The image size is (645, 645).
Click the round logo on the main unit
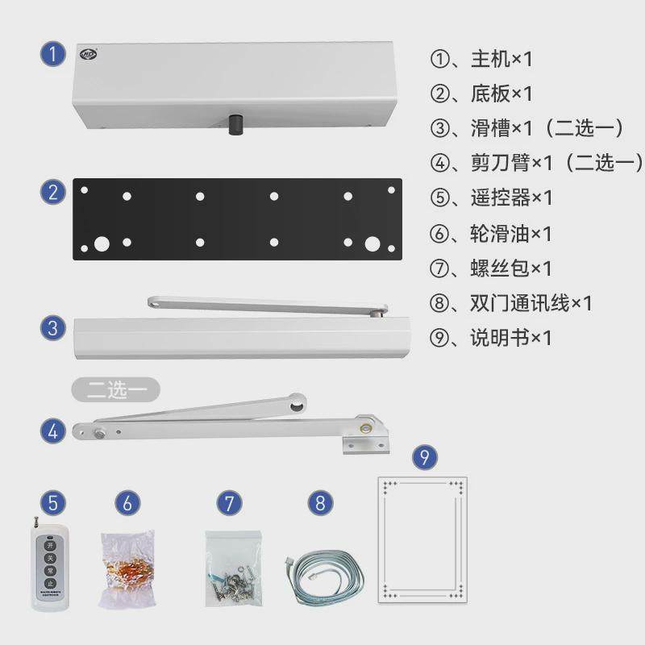[87, 54]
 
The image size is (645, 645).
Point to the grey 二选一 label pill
[115, 389]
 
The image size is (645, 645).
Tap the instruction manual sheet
[422, 536]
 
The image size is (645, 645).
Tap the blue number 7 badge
[229, 503]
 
